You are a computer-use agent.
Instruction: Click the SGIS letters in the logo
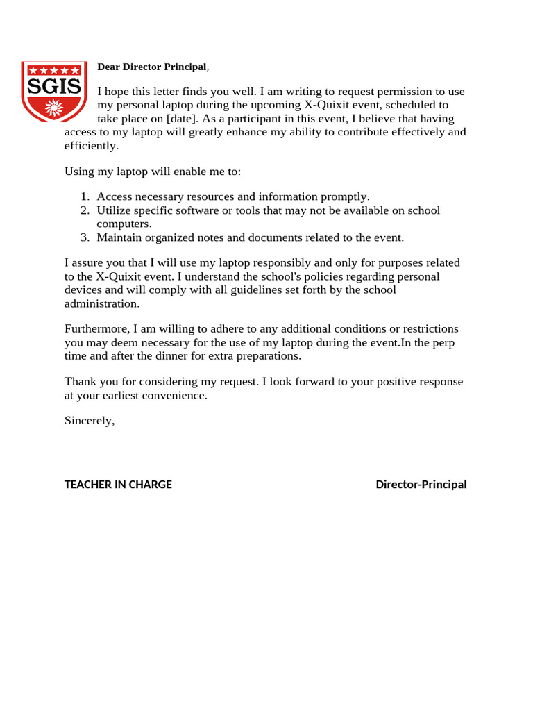tap(53, 87)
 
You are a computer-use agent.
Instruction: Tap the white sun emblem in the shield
tap(53, 108)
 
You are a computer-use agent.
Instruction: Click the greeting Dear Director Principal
tap(152, 67)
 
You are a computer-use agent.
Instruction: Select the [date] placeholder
tap(183, 119)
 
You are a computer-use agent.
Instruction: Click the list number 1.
tap(85, 196)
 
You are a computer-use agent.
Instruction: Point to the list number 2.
tap(85, 210)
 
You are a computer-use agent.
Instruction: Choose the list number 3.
tap(85, 237)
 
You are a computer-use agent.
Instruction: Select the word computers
tap(124, 224)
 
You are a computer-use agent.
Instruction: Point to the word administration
tap(101, 304)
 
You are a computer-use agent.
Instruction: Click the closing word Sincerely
tap(89, 421)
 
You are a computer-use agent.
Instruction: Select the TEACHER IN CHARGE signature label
tap(118, 485)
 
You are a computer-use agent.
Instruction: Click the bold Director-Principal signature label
tap(421, 485)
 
